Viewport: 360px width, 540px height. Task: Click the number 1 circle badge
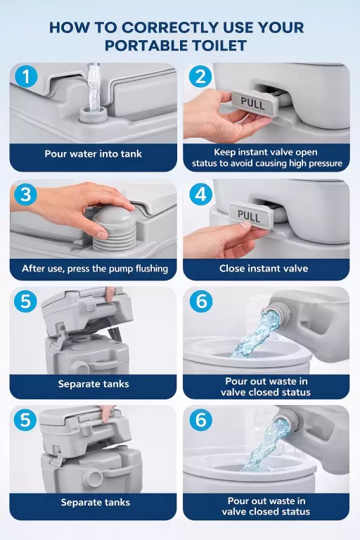26,77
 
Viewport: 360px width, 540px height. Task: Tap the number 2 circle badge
200,77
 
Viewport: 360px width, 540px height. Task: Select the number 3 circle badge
25,195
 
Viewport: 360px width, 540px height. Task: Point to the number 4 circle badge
201,194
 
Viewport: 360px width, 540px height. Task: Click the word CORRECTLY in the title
170,27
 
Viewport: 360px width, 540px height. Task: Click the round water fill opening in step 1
94,115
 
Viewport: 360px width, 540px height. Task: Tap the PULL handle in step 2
254,103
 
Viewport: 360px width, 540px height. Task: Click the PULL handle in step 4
250,215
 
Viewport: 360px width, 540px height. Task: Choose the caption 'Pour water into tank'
94,153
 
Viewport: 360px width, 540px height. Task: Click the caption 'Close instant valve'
264,269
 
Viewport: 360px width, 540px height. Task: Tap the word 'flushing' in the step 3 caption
152,269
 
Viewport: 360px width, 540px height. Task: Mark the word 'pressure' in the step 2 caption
324,164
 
